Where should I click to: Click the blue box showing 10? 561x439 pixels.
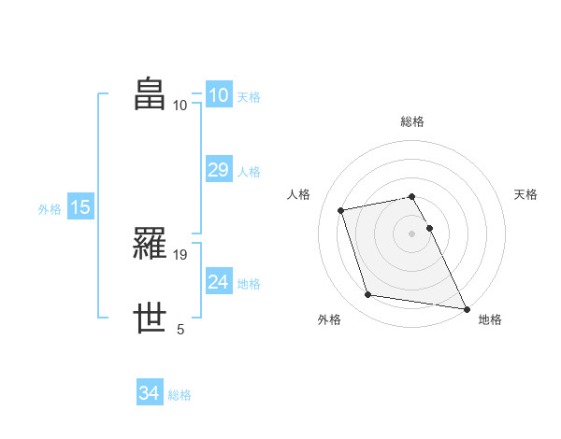218,95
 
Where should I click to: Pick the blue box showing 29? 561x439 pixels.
218,170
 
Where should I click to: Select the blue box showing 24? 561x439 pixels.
218,282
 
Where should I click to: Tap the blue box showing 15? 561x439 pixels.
80,207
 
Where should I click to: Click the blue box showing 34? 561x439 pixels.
149,393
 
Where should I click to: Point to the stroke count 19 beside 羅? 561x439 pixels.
181,255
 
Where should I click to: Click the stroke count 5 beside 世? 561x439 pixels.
180,329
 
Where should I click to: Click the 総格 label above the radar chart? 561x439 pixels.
412,121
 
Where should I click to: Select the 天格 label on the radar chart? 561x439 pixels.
525,194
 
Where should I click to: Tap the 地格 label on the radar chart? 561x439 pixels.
490,319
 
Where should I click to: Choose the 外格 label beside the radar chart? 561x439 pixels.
329,319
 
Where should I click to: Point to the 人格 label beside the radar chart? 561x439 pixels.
299,194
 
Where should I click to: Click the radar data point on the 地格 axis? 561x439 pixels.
466,307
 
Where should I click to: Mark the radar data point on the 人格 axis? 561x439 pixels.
341,210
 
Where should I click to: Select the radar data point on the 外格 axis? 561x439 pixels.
368,295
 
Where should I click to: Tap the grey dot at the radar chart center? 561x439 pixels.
412,233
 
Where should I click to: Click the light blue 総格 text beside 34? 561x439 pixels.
180,395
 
